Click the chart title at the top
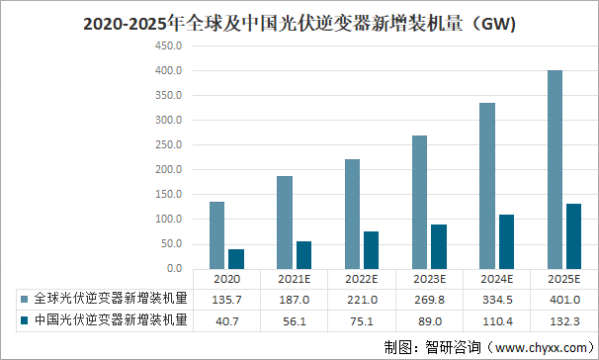299,23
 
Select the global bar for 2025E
555,169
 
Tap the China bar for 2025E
573,236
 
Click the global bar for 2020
217,235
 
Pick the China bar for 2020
236,259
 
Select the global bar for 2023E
420,202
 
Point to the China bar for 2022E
371,250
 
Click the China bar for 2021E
303,255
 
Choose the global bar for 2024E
487,186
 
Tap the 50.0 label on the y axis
169,244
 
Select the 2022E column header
362,279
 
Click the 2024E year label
496,279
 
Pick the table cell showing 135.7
227,299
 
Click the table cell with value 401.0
563,299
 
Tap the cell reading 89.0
429,320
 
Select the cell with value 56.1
295,320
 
